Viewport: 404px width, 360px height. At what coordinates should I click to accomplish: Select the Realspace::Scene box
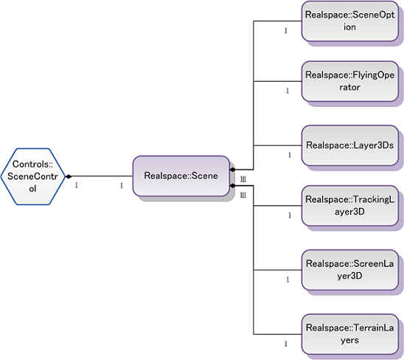pyautogui.click(x=181, y=176)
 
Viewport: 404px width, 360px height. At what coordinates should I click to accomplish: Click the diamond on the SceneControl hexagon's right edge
pyautogui.click(x=68, y=177)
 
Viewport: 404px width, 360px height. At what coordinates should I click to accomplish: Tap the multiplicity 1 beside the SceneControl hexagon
pyautogui.click(x=77, y=185)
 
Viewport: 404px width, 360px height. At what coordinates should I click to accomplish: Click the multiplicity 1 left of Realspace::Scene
pyautogui.click(x=122, y=185)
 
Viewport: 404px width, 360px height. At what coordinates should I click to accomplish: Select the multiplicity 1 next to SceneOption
pyautogui.click(x=285, y=31)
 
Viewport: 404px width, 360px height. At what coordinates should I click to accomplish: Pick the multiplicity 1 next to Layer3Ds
pyautogui.click(x=289, y=155)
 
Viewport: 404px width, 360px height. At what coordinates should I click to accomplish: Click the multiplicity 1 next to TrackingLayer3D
pyautogui.click(x=289, y=215)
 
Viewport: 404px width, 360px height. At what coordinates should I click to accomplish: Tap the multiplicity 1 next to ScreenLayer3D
pyautogui.click(x=287, y=280)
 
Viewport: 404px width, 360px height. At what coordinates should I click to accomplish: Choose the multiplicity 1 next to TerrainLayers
pyautogui.click(x=285, y=344)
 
